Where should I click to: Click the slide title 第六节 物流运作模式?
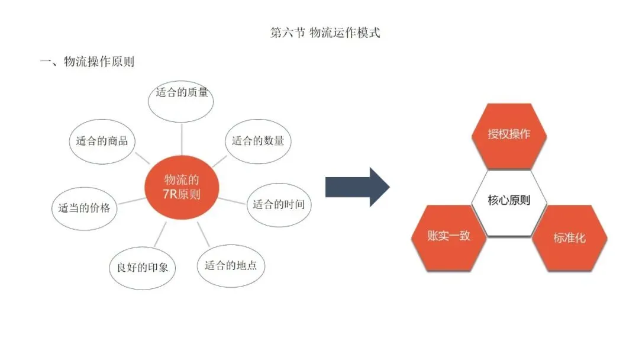[325, 33]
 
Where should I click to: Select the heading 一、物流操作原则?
[87, 61]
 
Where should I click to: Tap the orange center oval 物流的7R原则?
[182, 187]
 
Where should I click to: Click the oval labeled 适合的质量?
[182, 95]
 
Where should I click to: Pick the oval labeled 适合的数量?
[258, 141]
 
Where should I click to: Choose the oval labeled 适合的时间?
[279, 205]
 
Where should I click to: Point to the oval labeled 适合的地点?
[231, 265]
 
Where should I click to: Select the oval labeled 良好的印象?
[139, 267]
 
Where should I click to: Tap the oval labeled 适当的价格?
[84, 208]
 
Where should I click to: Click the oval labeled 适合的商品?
[102, 142]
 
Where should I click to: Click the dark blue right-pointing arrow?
[357, 187]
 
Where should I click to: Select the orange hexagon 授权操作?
[509, 134]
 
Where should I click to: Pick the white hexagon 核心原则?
[509, 200]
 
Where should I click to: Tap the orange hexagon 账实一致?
[448, 236]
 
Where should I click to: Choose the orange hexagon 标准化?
[569, 238]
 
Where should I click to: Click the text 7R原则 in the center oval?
[182, 194]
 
